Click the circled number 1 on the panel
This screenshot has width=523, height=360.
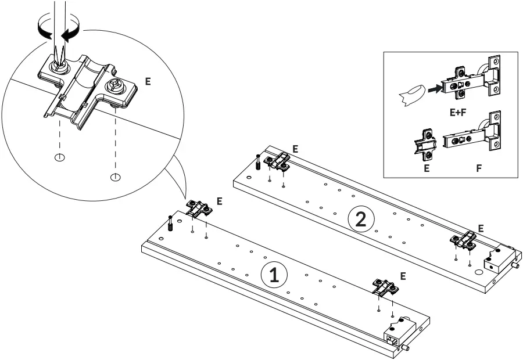coord(274,275)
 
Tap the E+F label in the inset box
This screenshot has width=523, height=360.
coord(458,113)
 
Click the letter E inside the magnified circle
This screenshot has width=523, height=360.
coord(148,82)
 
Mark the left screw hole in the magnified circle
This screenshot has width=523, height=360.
coord(59,157)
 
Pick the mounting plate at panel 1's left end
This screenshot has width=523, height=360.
coord(199,209)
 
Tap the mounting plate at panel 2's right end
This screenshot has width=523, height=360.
coord(465,239)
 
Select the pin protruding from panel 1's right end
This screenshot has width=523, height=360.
coord(406,348)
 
